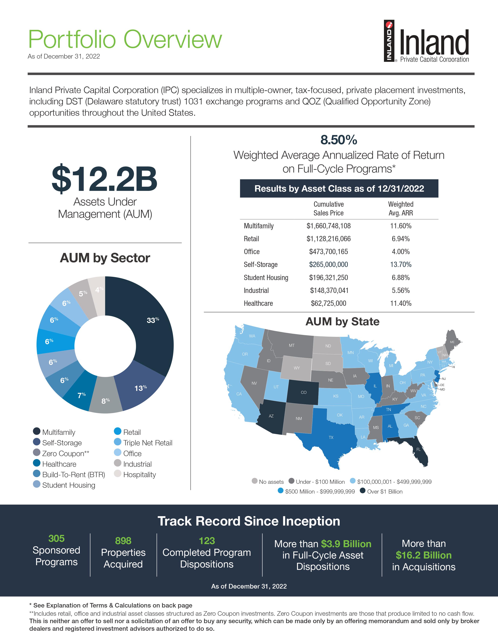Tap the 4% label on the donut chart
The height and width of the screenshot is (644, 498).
pos(99,290)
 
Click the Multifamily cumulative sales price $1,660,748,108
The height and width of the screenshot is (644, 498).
pos(328,226)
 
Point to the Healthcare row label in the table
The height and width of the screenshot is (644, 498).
pos(258,303)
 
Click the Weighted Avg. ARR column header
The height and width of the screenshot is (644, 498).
pos(400,208)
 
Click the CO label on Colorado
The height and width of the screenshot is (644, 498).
pos(303,392)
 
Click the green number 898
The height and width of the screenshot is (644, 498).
pos(123,541)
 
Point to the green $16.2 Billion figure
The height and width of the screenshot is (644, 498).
pos(423,555)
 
